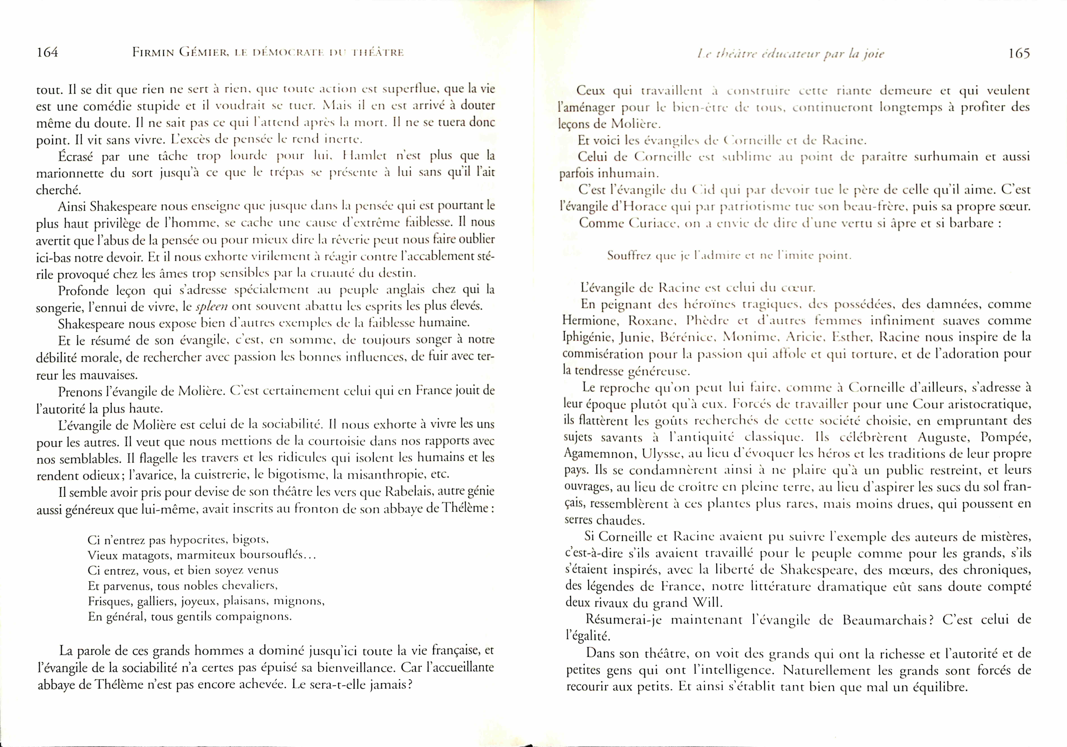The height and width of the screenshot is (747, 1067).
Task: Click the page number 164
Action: click(47, 53)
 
